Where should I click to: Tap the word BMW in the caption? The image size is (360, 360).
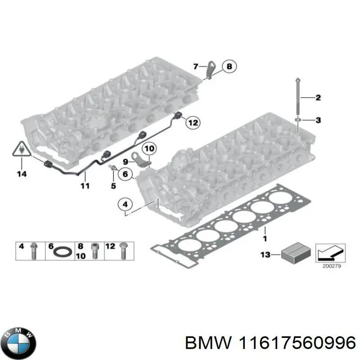[x=204, y=344]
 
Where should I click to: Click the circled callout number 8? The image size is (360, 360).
[x=229, y=67]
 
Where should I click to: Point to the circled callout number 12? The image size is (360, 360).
[x=192, y=122]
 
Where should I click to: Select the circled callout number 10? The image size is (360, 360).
[x=149, y=148]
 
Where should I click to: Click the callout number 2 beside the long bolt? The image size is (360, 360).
[x=318, y=97]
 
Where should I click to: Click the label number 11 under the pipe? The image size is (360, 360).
[x=85, y=185]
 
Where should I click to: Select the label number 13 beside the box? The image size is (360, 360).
[x=265, y=255]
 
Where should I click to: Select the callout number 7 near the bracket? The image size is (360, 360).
[x=195, y=67]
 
